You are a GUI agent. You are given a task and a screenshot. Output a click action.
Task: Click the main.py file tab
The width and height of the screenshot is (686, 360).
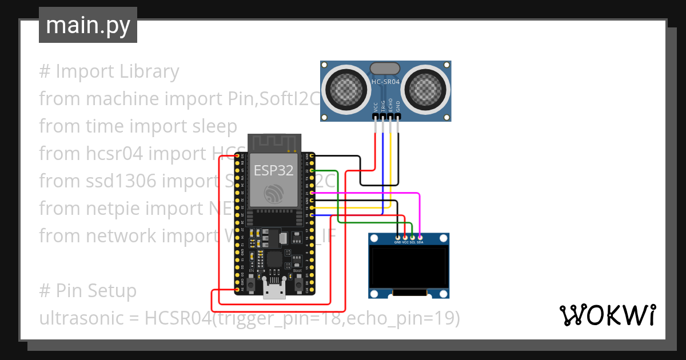click(x=87, y=25)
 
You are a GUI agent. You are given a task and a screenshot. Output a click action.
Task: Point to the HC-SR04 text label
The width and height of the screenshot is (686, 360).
click(x=385, y=82)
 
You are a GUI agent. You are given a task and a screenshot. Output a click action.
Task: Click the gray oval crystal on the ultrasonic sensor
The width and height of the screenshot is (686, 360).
click(x=385, y=69)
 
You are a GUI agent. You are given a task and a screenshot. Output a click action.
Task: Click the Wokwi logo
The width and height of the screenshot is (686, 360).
click(x=607, y=315)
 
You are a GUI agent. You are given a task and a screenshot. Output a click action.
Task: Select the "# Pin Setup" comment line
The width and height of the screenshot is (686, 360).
click(x=88, y=291)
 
